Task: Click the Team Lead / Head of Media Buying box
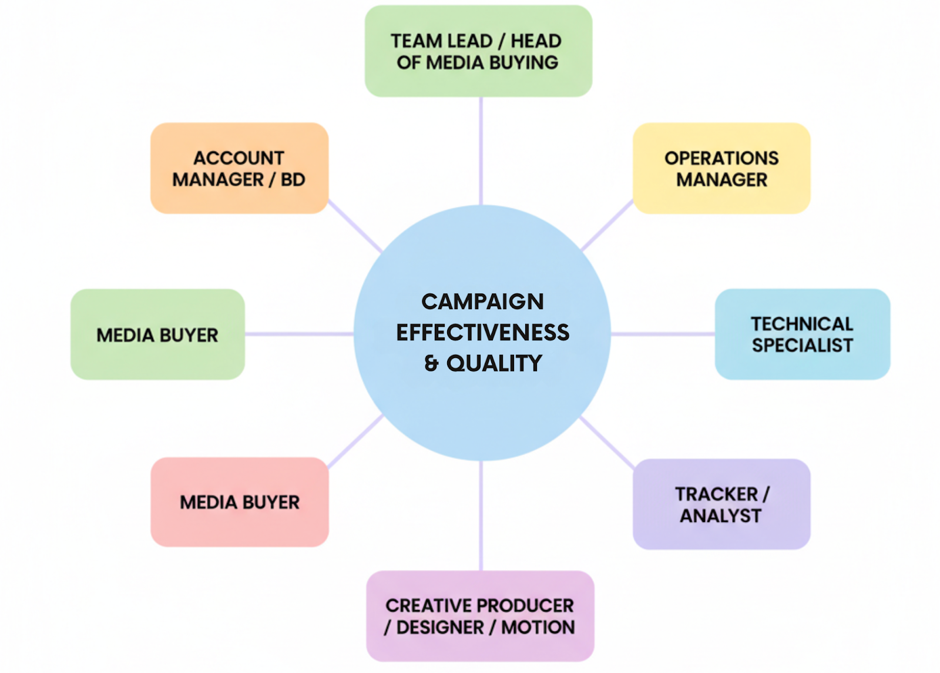click(x=478, y=51)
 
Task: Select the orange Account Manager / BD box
click(x=239, y=168)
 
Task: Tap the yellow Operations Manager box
click(x=721, y=168)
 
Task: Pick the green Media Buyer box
click(x=157, y=334)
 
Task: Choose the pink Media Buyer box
click(x=240, y=502)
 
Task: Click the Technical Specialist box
click(x=802, y=334)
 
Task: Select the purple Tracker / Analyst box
click(x=721, y=504)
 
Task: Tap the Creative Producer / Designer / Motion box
click(x=480, y=616)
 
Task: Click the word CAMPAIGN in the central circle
click(x=482, y=302)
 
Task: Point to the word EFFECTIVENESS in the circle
click(x=482, y=333)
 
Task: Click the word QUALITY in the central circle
click(x=494, y=363)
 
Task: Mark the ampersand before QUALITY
click(x=432, y=363)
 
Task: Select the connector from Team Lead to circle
click(x=481, y=150)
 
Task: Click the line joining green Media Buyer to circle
click(x=298, y=334)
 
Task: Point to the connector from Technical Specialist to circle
click(x=663, y=334)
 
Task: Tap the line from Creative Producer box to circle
click(x=481, y=515)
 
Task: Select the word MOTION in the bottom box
click(x=538, y=627)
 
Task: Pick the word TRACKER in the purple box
click(x=716, y=494)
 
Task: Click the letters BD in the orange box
click(x=293, y=179)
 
